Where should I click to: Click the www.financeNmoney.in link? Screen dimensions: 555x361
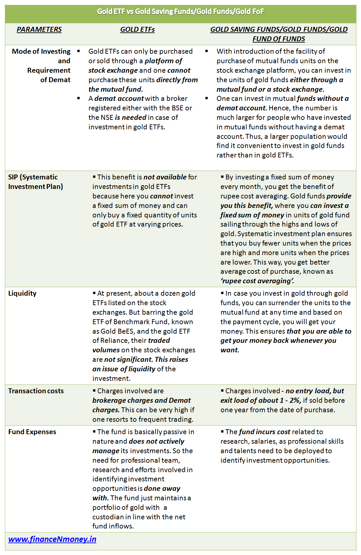pyautogui.click(x=52, y=539)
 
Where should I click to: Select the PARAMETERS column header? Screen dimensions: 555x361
pyautogui.click(x=39, y=29)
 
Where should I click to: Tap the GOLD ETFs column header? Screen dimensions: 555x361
pyautogui.click(x=137, y=29)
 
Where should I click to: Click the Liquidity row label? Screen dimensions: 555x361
pyautogui.click(x=22, y=293)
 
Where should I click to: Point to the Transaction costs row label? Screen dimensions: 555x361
pyautogui.click(x=36, y=391)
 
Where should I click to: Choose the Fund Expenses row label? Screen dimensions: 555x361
pyautogui.click(x=32, y=432)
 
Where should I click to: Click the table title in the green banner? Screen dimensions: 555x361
pyautogui.click(x=180, y=12)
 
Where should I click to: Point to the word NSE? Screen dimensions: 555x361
pyautogui.click(x=107, y=118)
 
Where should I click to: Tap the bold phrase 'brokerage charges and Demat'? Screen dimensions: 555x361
pyautogui.click(x=142, y=400)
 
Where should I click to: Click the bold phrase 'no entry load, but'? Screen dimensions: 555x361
pyautogui.click(x=315, y=391)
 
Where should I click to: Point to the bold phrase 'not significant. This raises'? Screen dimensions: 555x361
pyautogui.click(x=146, y=360)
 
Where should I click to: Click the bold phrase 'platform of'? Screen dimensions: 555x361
pyautogui.click(x=163, y=61)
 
